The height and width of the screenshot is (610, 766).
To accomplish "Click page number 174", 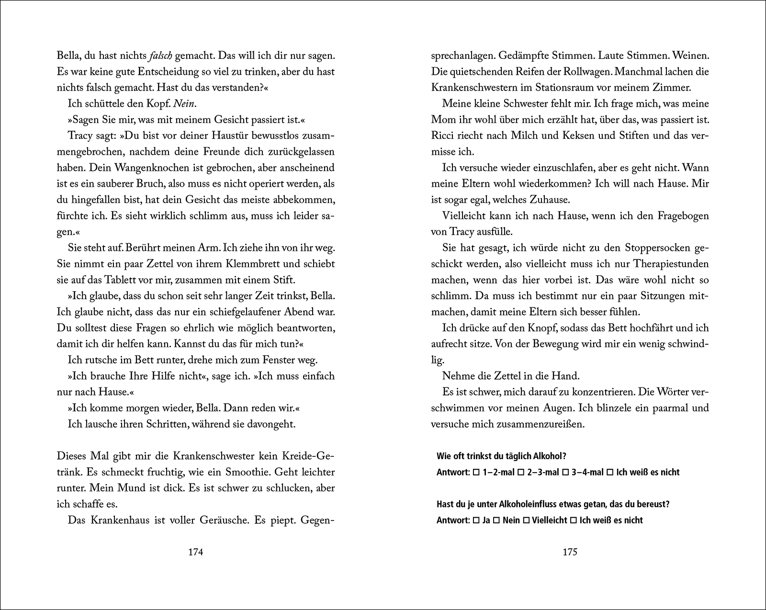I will coord(195,552).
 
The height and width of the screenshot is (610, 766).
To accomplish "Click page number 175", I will coord(570,552).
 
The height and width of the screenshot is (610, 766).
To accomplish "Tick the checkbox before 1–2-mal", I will coord(476,473).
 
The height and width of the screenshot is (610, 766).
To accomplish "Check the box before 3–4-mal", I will coord(565,473).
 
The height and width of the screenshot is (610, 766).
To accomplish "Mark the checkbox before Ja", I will coord(476,520).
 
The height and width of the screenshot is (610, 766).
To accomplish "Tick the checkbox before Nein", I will coord(496,520).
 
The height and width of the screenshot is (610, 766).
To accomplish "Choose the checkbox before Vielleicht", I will coord(526,520).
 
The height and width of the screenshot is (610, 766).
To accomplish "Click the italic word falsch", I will coord(160,56).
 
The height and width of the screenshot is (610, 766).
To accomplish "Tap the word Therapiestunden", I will coord(671,264).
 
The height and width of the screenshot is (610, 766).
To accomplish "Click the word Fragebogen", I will coord(679,216).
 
